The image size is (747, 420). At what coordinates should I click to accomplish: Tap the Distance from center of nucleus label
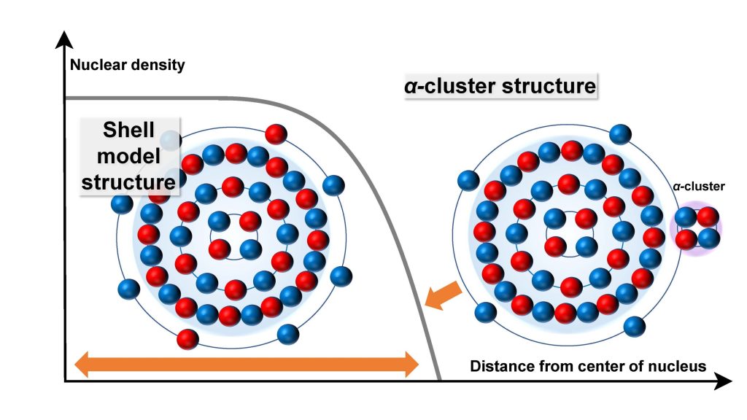pos(588,366)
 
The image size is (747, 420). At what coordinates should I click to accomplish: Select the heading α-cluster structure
pos(500,86)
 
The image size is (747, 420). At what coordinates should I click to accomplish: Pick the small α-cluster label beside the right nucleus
pos(699,187)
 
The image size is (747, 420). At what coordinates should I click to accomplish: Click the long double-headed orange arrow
pos(247,362)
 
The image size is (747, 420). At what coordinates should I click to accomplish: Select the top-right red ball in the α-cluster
pos(708,217)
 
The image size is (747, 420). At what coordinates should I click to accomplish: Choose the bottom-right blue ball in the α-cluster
pos(708,238)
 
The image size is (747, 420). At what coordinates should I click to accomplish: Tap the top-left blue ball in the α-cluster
pos(686,217)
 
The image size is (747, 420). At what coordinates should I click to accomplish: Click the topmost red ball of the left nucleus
pos(276,133)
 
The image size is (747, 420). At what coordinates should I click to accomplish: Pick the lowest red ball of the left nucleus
pos(187,338)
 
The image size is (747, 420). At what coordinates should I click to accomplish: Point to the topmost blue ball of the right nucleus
pos(620,134)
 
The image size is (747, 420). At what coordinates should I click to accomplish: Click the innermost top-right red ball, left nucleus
pos(250,220)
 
